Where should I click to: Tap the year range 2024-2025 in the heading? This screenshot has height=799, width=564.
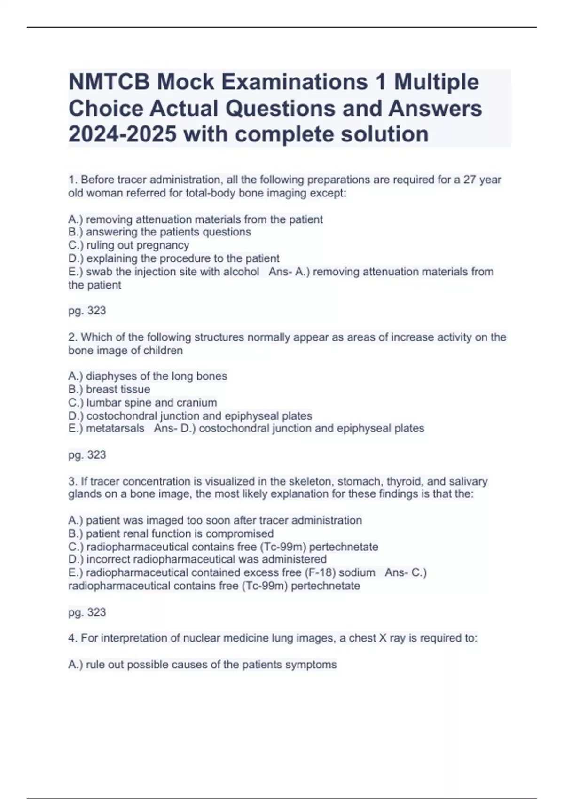pos(122,134)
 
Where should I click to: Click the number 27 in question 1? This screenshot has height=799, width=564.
pos(470,180)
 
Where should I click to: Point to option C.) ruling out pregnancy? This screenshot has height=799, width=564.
pos(128,245)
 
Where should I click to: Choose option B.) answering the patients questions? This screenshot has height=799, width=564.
pos(159,232)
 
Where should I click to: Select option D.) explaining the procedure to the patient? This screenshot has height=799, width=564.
pos(173,258)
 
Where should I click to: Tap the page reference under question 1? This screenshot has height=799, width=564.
pos(87,311)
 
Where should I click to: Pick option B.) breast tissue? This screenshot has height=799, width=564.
pos(109,390)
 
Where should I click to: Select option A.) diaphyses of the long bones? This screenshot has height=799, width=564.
pos(147,376)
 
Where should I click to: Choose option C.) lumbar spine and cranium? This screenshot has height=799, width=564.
pos(142,403)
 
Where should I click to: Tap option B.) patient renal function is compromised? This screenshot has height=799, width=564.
pos(171,534)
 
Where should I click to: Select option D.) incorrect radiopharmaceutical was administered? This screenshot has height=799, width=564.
pos(197,559)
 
